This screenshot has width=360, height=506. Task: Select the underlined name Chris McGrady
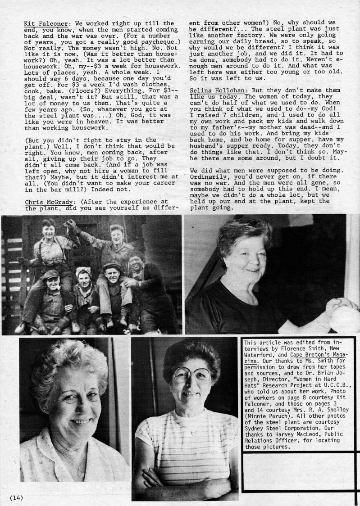click(44, 202)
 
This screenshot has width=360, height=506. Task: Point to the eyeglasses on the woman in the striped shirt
click(191, 375)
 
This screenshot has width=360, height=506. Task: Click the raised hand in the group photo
click(70, 224)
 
